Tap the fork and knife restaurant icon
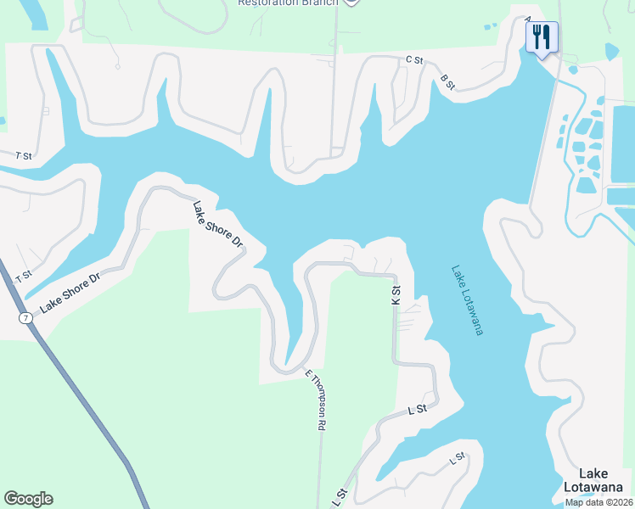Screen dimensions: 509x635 [541, 36]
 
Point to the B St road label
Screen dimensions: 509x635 [448, 82]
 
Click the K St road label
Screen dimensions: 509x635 [396, 295]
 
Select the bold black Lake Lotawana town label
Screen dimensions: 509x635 [598, 480]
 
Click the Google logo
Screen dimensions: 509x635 [28, 499]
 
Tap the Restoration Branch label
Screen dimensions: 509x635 [288, 3]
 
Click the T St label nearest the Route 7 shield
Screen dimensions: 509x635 [23, 275]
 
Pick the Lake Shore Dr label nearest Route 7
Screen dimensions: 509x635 [70, 290]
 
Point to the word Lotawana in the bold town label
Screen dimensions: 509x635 [598, 487]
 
